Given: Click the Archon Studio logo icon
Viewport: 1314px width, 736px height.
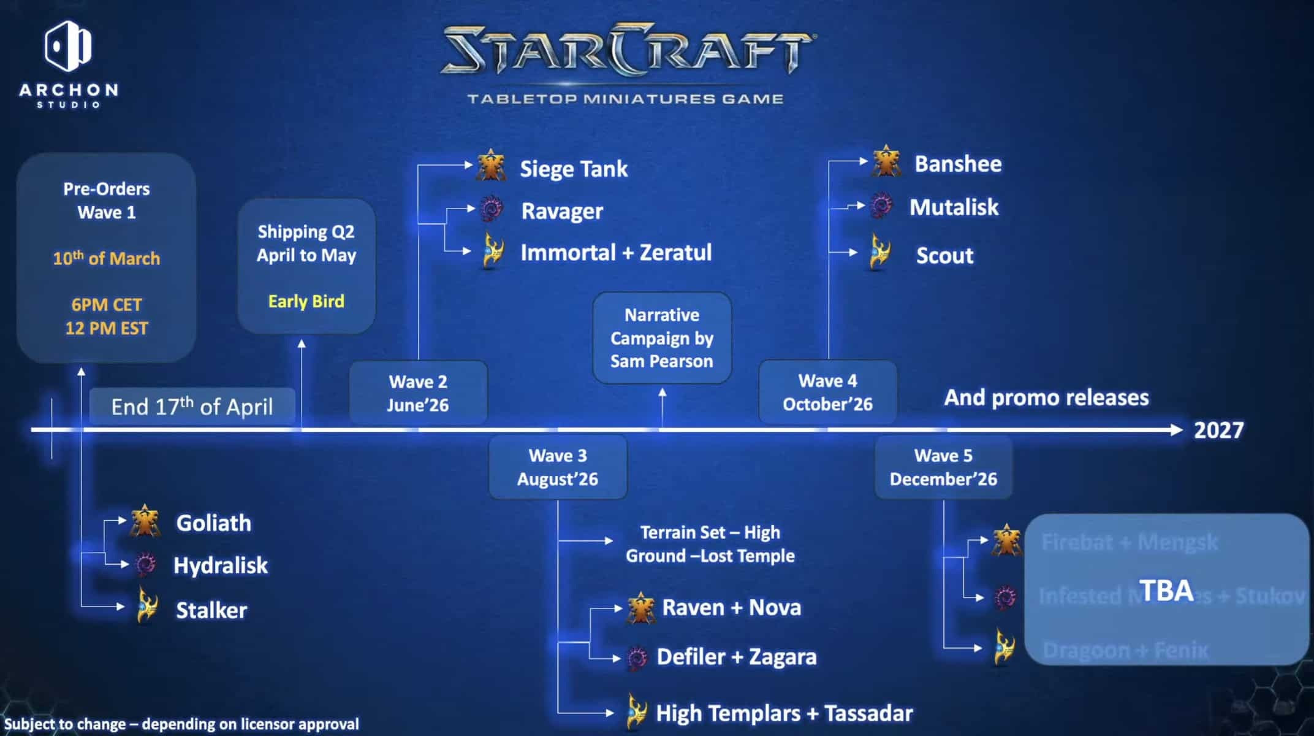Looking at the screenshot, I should coord(67,45).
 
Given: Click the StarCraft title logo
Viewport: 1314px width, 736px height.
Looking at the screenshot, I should coord(626,50).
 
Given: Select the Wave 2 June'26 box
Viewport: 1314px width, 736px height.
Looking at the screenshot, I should coord(418,393).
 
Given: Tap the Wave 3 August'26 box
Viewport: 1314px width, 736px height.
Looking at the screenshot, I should coord(558,467).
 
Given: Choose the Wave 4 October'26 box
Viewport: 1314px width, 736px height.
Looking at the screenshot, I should coord(827,393).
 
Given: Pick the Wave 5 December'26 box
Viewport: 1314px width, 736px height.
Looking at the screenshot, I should coord(943,467).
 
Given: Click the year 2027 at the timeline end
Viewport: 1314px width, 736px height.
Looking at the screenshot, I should coord(1218,431).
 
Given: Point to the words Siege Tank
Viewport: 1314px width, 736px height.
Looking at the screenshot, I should coord(574,169).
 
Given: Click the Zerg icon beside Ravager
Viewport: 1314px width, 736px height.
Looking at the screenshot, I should coord(490,210).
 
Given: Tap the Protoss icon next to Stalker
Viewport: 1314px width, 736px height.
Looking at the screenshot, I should coord(147,605).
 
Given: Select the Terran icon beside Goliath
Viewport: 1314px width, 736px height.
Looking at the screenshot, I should coord(145,521).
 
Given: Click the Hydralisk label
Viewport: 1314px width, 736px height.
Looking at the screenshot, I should coord(221,565).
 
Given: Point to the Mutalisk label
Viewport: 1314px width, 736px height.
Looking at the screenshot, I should coord(954,207).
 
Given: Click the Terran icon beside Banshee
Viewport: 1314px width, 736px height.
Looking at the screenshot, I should coord(886,162).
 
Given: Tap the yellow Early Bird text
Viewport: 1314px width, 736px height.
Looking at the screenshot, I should coord(306,301).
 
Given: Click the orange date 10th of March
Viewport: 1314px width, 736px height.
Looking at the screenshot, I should coord(106,258).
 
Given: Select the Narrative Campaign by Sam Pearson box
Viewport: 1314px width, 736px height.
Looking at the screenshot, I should coord(662,338).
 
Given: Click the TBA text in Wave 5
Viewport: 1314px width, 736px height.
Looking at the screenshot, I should coord(1166,591).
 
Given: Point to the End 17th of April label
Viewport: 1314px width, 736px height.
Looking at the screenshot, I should coord(192,407).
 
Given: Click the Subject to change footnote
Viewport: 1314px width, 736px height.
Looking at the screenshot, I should coord(181,724).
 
